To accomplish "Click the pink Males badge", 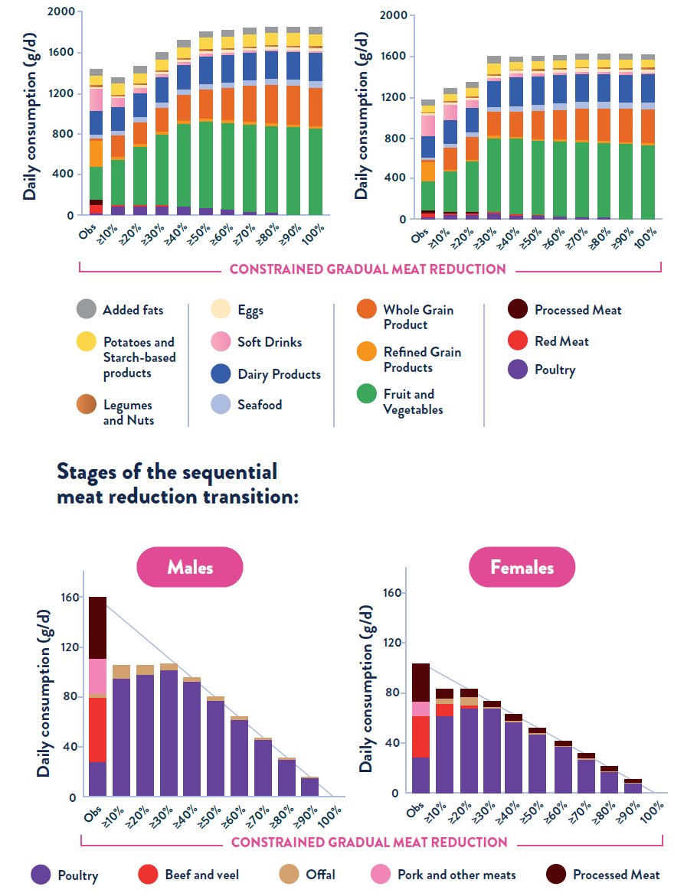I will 189,567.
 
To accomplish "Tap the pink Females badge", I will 522,567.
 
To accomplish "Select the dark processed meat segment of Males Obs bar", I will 97,627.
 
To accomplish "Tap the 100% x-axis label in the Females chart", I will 651,814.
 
